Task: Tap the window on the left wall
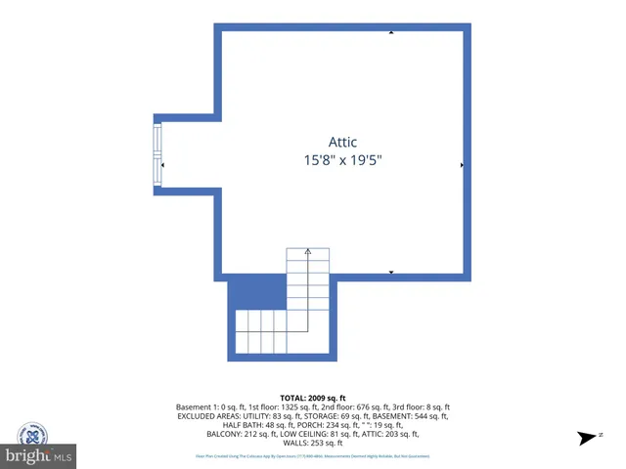point(156,152)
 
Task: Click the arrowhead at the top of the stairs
point(308,251)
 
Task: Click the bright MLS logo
point(39,455)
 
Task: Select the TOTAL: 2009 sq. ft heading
point(314,397)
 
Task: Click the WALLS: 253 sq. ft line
point(314,443)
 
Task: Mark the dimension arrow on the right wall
point(462,165)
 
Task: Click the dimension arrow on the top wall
point(391,33)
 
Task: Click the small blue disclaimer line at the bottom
point(314,456)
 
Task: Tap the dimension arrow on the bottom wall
point(391,272)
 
